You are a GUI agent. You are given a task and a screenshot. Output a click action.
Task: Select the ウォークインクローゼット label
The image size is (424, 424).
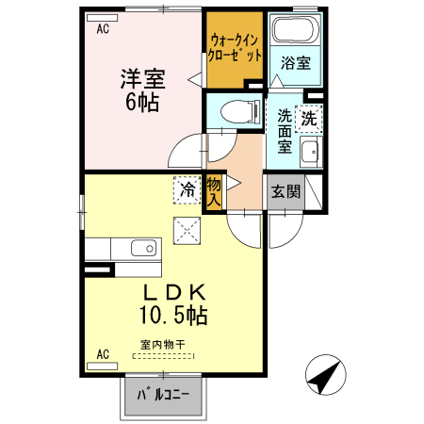235,48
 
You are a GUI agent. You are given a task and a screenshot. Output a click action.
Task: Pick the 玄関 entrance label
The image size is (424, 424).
286,192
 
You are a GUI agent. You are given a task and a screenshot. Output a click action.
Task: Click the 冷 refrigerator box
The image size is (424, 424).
186,190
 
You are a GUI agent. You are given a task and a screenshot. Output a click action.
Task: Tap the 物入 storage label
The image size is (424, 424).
214,191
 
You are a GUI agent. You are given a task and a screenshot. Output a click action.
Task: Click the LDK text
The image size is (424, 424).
177,291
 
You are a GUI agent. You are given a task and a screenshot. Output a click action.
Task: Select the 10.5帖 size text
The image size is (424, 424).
174,314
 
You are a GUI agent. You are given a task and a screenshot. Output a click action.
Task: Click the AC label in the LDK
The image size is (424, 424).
104,354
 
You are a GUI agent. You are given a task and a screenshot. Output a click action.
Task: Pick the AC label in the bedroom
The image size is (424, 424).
102,28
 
